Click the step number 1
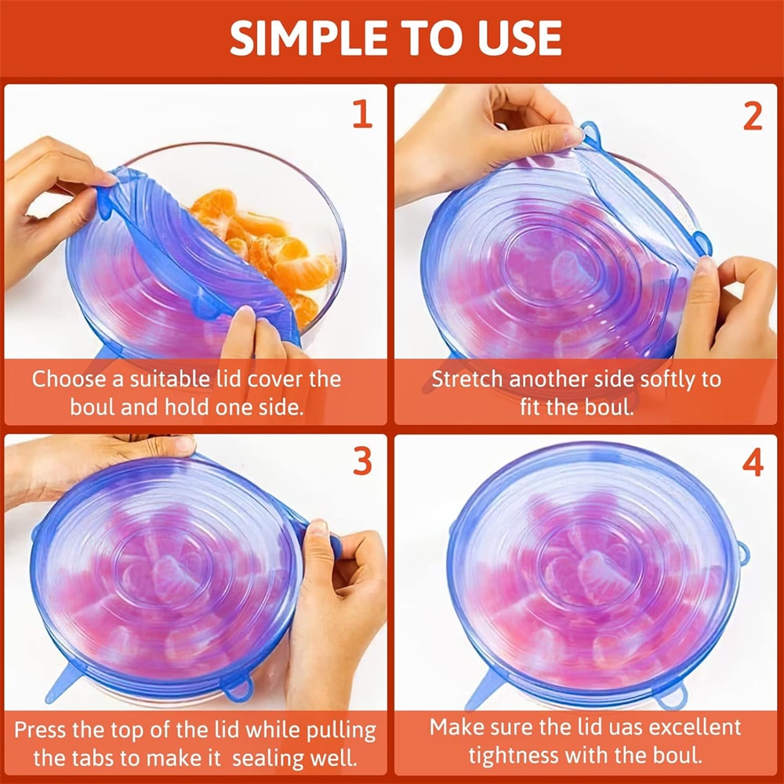pos(361,114)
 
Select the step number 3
pos(361,463)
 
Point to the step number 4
pos(752,463)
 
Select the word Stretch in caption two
pos(468,379)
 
